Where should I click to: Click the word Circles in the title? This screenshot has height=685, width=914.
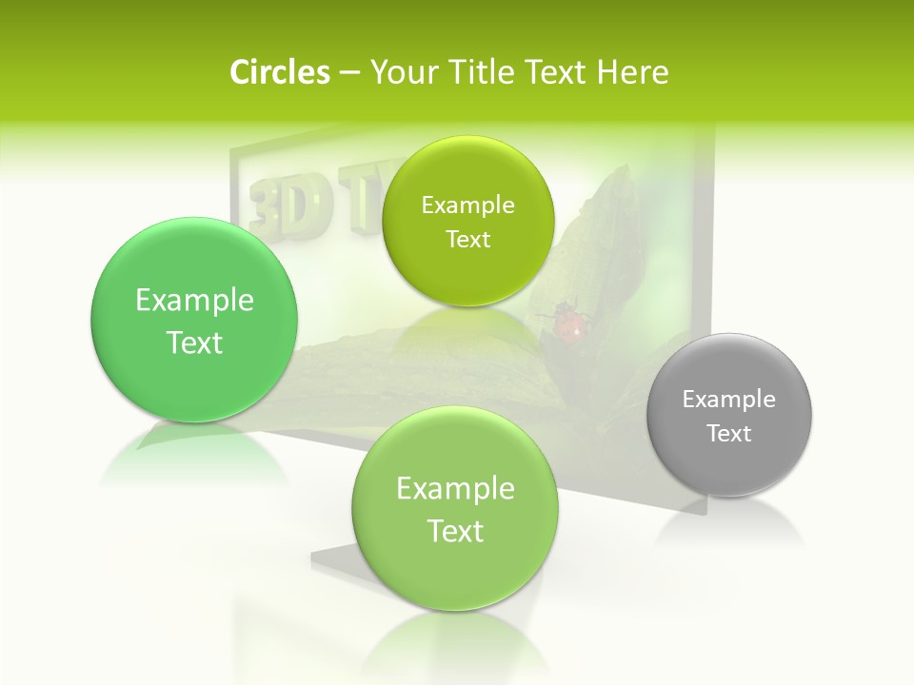click(279, 72)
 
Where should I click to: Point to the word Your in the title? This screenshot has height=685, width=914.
click(401, 72)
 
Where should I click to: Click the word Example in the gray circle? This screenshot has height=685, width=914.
click(729, 400)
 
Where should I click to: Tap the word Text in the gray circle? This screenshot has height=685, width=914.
click(729, 434)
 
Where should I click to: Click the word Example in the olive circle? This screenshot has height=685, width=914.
click(467, 205)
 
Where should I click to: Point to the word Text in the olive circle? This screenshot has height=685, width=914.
click(467, 240)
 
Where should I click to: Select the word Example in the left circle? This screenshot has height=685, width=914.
click(194, 301)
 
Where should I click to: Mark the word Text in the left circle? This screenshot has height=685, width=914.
click(194, 343)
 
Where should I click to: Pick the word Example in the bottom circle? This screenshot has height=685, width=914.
click(455, 489)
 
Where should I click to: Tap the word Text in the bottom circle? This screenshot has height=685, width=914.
click(455, 531)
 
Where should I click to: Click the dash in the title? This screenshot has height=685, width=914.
click(348, 73)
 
